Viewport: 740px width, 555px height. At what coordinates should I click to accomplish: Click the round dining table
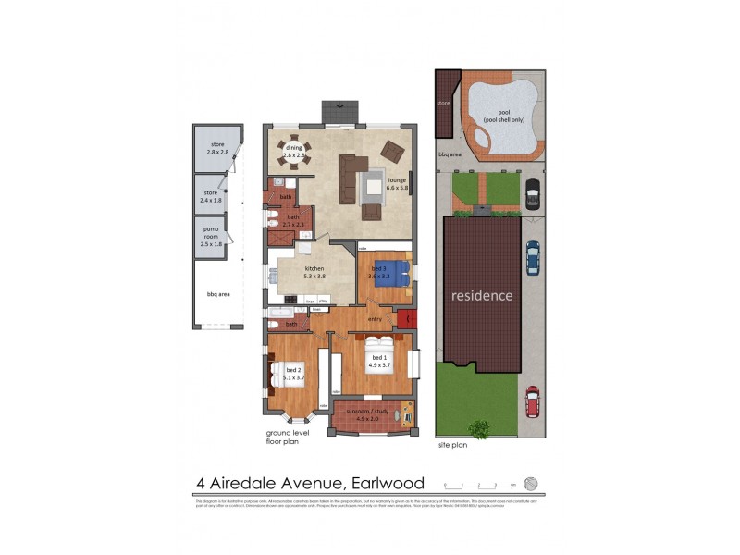click(x=294, y=153)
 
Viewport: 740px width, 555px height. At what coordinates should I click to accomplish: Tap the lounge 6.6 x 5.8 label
click(x=398, y=185)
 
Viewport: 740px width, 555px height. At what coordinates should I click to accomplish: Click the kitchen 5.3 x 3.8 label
click(x=314, y=271)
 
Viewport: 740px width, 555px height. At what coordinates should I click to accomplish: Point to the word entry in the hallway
click(x=374, y=320)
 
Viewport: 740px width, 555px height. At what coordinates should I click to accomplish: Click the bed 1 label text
click(x=378, y=362)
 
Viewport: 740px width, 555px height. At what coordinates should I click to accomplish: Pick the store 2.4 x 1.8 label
click(x=212, y=197)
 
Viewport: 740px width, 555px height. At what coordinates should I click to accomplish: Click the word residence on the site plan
click(x=481, y=296)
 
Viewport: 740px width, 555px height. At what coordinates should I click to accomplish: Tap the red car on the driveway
click(x=533, y=401)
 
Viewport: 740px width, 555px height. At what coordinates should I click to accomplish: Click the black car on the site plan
click(x=532, y=193)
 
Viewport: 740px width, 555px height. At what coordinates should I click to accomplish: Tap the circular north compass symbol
click(x=530, y=483)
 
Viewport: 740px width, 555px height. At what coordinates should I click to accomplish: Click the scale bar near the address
click(x=478, y=484)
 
